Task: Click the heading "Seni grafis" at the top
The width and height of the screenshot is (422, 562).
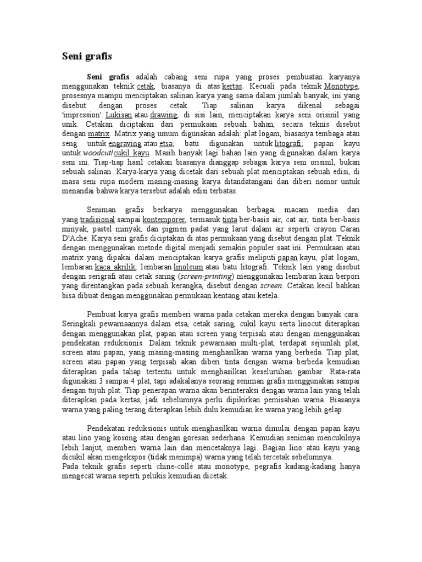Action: click(85, 56)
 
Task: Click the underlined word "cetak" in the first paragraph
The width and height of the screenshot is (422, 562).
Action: click(145, 87)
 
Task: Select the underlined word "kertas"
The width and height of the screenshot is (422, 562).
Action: click(234, 87)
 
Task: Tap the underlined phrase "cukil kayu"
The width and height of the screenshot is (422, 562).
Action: click(134, 153)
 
